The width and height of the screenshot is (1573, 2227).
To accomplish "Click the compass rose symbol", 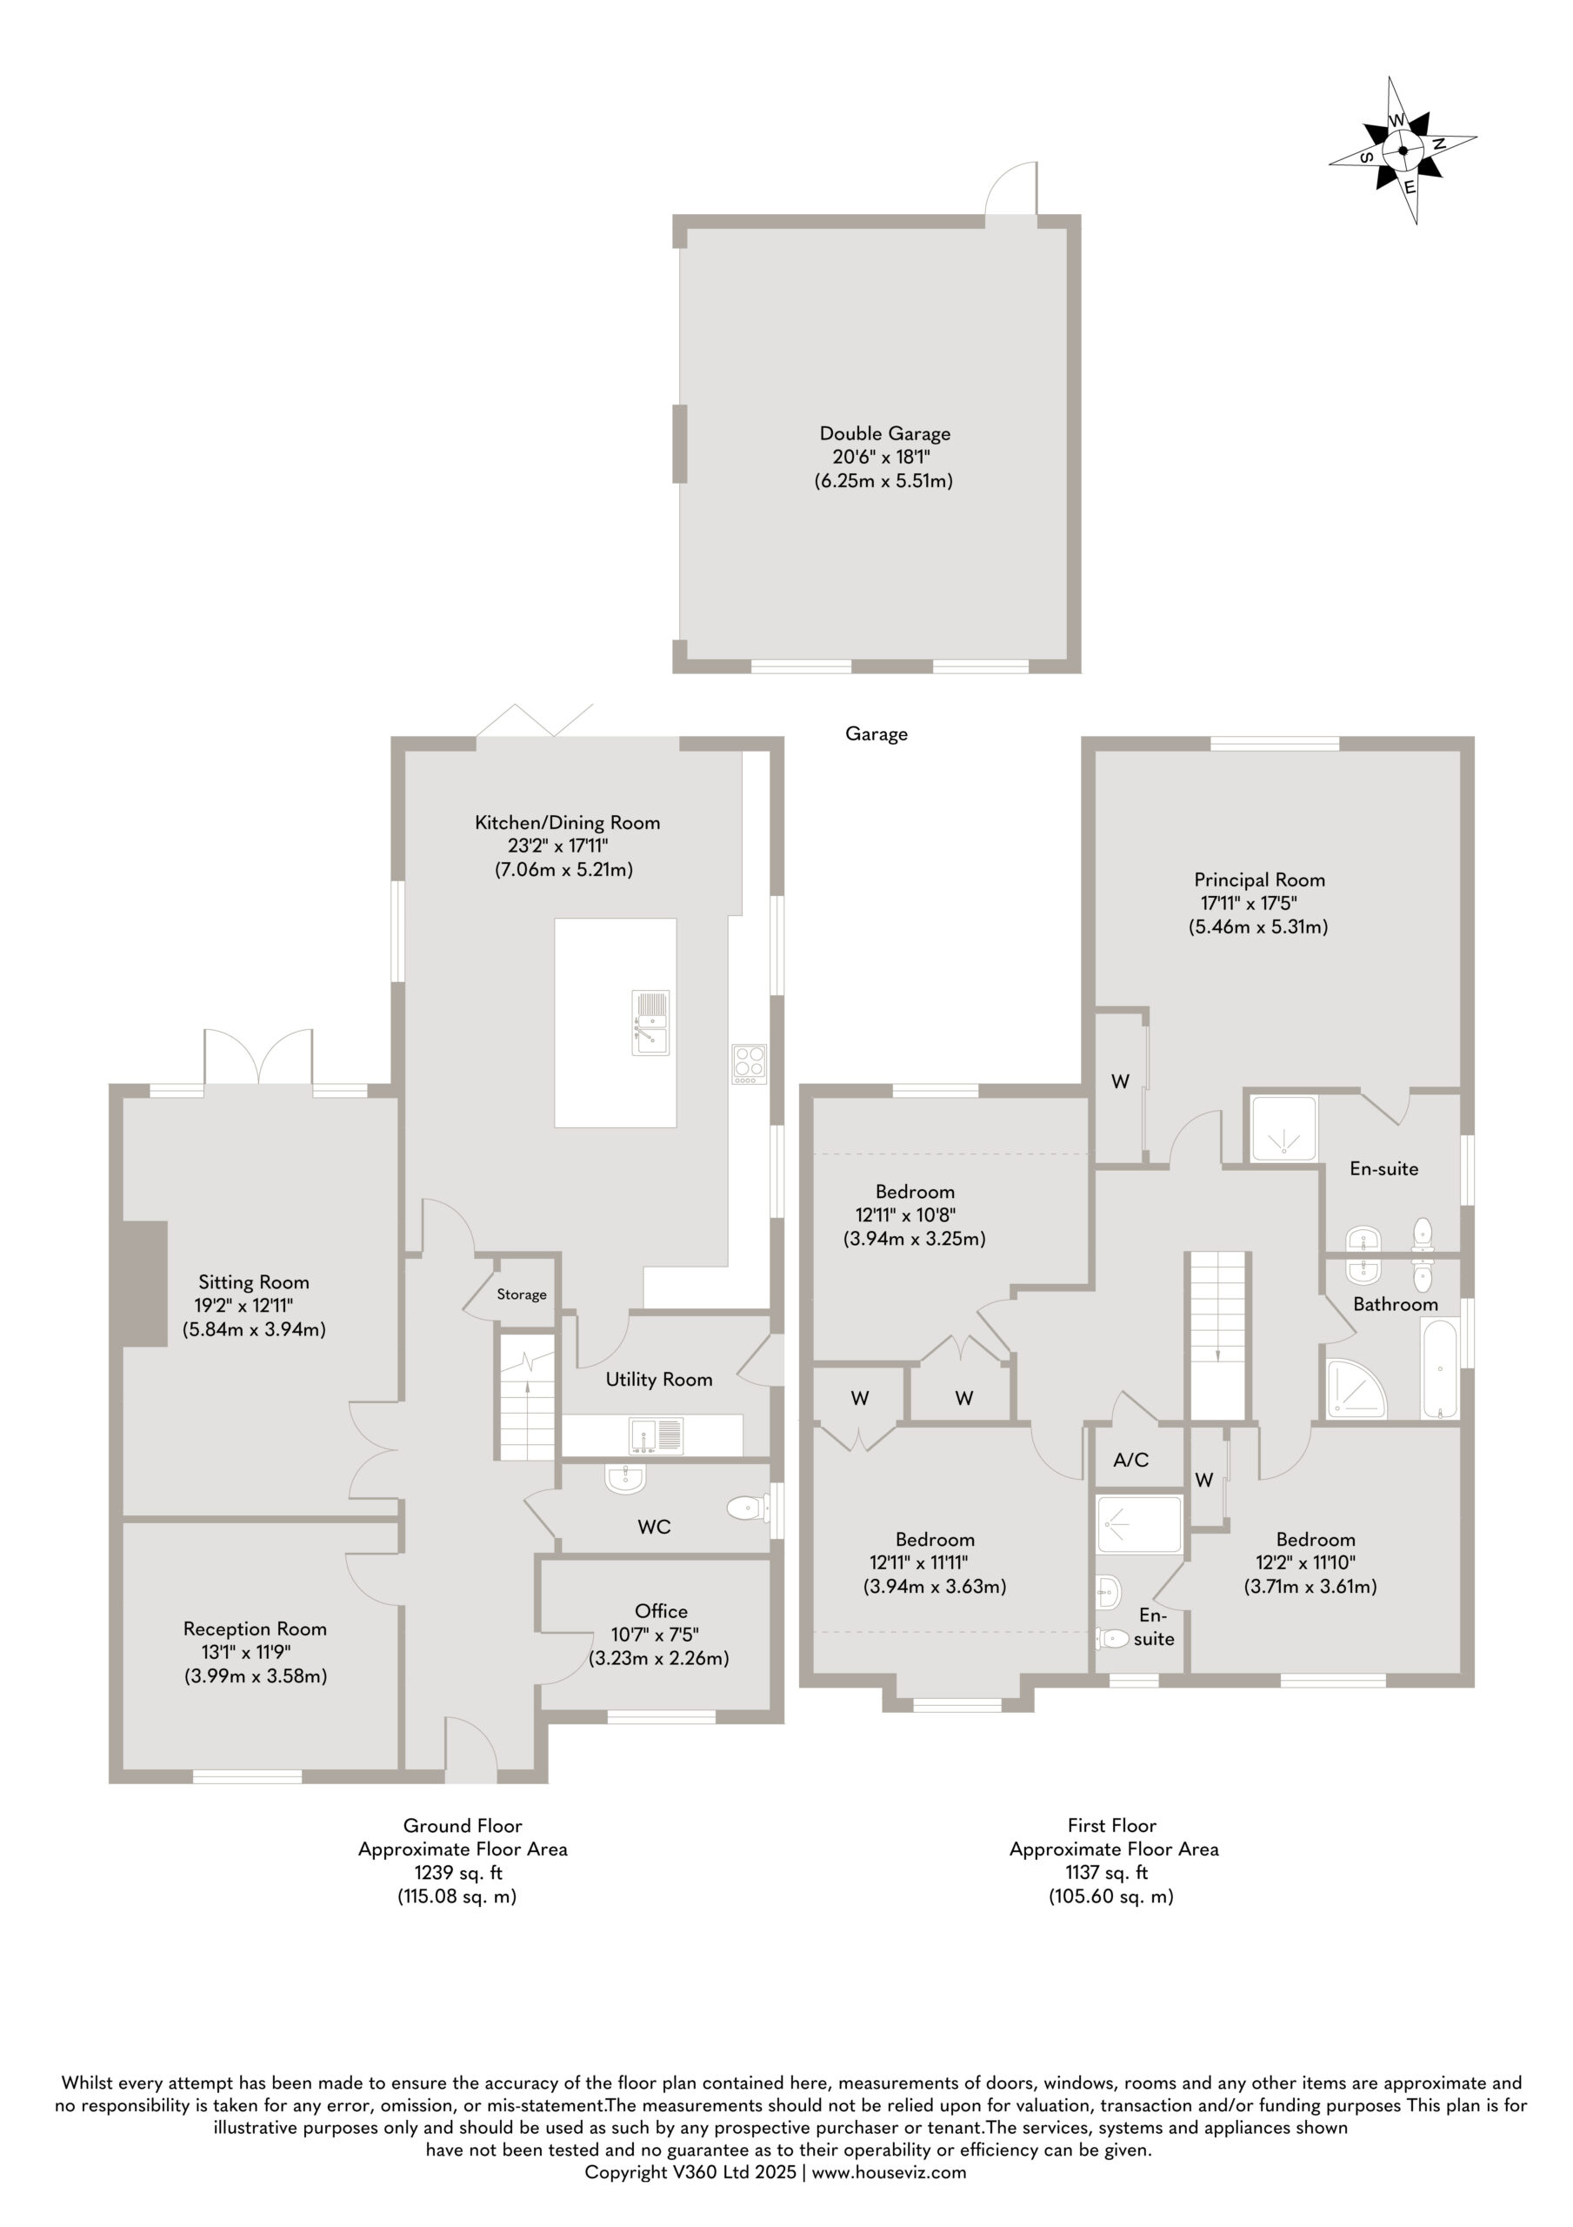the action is click(x=1403, y=150).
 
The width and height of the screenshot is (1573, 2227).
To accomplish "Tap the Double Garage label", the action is click(x=884, y=433).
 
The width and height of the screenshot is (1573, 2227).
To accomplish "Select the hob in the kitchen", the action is click(x=749, y=1063).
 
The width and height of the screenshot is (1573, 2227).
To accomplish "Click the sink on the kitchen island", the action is click(x=650, y=1021).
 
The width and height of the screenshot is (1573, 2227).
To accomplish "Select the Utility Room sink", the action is click(x=656, y=1435).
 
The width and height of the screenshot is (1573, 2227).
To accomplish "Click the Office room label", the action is click(x=662, y=1611).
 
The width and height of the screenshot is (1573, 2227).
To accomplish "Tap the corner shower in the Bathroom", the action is click(x=1356, y=1389).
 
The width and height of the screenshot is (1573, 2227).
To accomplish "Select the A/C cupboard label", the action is click(x=1130, y=1459).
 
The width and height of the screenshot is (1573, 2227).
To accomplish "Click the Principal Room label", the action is click(x=1259, y=879).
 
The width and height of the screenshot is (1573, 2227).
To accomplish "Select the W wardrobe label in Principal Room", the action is click(x=1120, y=1080).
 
